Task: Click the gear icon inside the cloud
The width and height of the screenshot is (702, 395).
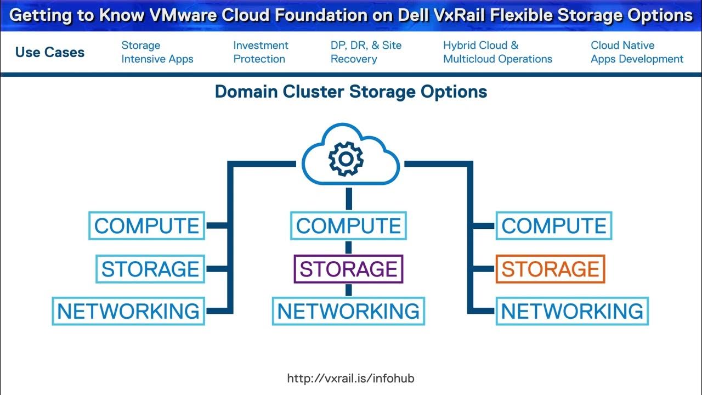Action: pyautogui.click(x=345, y=159)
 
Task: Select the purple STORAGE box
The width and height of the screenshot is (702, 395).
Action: pyautogui.click(x=348, y=269)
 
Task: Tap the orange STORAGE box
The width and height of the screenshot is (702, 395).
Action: pyautogui.click(x=550, y=269)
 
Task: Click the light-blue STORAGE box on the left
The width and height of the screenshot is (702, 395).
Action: pyautogui.click(x=150, y=269)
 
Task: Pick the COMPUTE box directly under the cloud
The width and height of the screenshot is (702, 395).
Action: pyautogui.click(x=348, y=225)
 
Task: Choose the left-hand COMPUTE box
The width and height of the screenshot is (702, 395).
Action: pyautogui.click(x=146, y=225)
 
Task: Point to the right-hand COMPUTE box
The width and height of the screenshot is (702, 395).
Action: pyautogui.click(x=554, y=225)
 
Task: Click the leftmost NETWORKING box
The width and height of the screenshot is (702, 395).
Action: pyautogui.click(x=128, y=311)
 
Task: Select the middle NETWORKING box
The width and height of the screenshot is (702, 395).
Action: pyautogui.click(x=348, y=311)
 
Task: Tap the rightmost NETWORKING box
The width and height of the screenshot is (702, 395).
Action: pyautogui.click(x=572, y=311)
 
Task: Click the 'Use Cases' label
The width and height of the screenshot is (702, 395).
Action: pyautogui.click(x=50, y=53)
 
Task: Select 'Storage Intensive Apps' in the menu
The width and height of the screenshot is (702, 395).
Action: pyautogui.click(x=157, y=52)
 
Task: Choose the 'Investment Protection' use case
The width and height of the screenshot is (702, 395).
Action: pyautogui.click(x=261, y=52)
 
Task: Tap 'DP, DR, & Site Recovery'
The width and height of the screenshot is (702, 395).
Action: pyautogui.click(x=366, y=52)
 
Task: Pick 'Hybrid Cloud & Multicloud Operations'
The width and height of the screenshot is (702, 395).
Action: pyautogui.click(x=497, y=52)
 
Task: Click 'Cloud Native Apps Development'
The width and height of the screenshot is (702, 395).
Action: pyautogui.click(x=637, y=52)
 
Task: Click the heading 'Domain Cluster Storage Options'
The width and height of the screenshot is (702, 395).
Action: pyautogui.click(x=351, y=92)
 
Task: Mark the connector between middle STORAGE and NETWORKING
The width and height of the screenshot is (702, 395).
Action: pyautogui.click(x=348, y=290)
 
